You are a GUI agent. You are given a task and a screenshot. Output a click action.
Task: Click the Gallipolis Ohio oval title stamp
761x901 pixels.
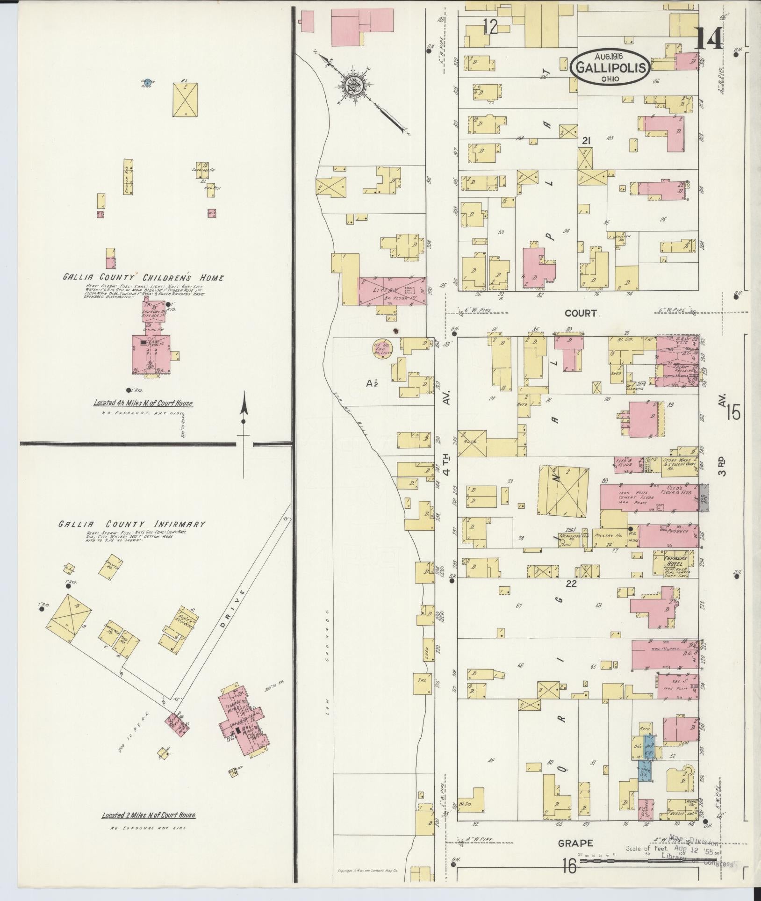(610, 66)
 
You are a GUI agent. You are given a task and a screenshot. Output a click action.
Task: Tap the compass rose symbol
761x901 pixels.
(353, 86)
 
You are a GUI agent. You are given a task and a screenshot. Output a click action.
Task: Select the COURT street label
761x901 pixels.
(580, 313)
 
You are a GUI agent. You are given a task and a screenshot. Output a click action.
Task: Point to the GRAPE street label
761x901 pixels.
(575, 843)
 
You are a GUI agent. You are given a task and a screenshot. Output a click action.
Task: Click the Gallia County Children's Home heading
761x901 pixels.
(144, 278)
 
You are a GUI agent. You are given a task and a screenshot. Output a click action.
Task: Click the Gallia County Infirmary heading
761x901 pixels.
(132, 524)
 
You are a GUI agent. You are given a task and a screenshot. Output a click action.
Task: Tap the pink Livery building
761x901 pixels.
(392, 291)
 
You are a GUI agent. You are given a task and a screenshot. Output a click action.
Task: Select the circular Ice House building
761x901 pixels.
(382, 349)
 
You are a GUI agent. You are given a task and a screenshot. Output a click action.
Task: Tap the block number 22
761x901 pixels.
(571, 584)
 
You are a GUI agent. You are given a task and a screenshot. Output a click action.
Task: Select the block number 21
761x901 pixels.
(587, 140)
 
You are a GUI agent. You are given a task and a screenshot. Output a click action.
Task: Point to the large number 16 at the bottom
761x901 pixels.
(569, 867)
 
